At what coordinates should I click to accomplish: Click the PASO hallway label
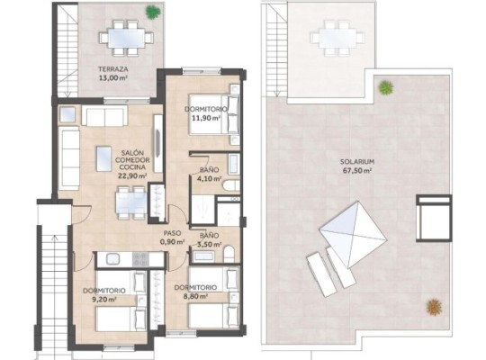[173, 231]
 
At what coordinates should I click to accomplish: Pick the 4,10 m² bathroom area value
[209, 179]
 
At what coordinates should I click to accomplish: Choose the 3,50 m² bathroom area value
[209, 244]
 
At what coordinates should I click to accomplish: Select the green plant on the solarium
[386, 88]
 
